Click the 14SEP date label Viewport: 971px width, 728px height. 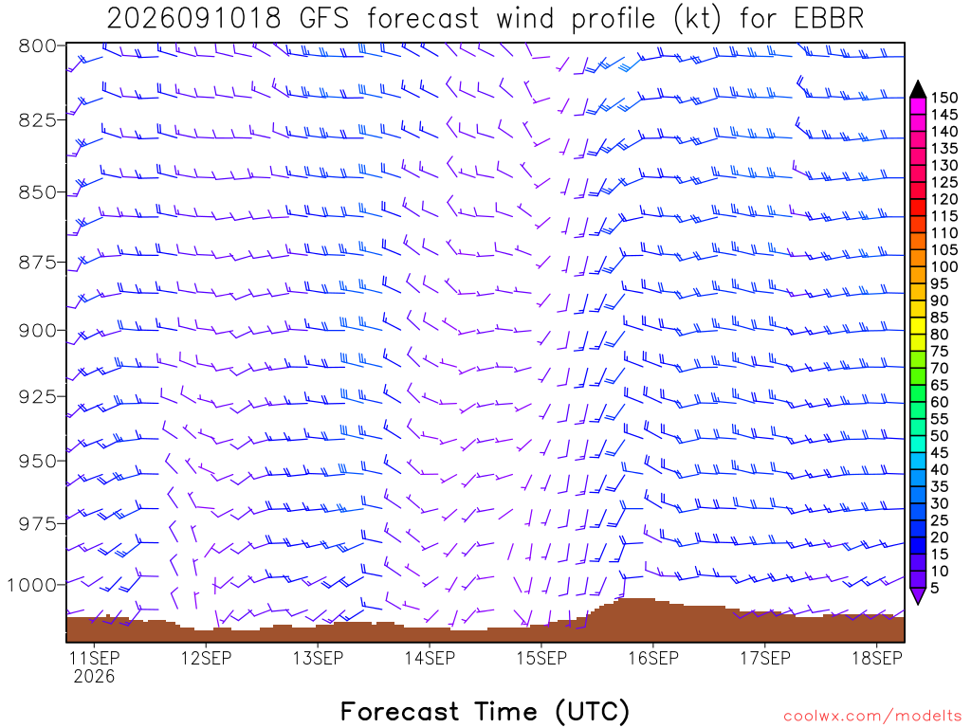(430, 658)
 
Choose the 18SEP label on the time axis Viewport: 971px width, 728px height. (877, 658)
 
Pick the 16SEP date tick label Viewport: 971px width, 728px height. (653, 658)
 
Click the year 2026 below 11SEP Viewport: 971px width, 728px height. (94, 676)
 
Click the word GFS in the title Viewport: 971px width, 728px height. (324, 19)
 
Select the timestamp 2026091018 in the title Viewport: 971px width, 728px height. (193, 19)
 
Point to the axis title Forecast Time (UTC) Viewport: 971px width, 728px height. (485, 711)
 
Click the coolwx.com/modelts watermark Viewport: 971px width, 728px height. (872, 717)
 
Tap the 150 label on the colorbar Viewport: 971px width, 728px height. (944, 98)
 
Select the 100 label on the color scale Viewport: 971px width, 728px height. (944, 266)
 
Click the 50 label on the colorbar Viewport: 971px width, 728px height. (940, 436)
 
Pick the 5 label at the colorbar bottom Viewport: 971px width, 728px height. (935, 588)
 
